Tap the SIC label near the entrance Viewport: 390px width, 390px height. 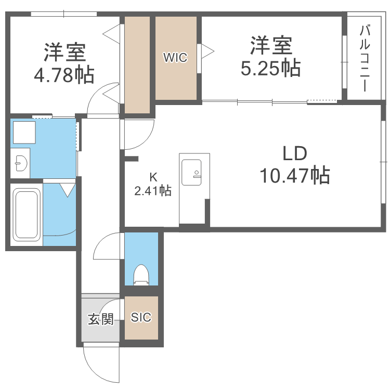tap(141, 317)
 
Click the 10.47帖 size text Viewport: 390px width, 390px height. tap(295, 176)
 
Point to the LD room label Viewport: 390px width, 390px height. tap(295, 153)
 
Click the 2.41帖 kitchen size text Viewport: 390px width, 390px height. tap(152, 191)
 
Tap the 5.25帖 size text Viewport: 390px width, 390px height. tap(270, 68)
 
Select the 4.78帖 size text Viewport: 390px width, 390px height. tap(64, 75)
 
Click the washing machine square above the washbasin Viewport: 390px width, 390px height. tap(24, 132)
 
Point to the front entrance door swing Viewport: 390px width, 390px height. tap(99, 364)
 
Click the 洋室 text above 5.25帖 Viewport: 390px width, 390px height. tap(270, 46)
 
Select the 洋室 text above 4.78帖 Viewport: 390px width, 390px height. tap(64, 53)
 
